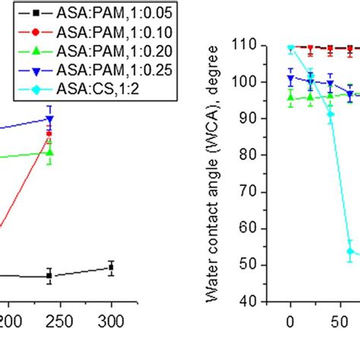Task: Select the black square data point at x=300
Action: point(111,267)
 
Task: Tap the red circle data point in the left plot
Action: point(49,134)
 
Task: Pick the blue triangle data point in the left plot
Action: point(50,119)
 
